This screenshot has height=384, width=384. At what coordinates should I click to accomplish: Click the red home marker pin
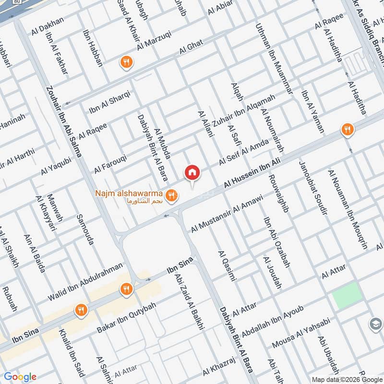tap(192, 172)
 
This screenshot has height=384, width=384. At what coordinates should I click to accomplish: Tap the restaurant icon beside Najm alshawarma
tap(170, 195)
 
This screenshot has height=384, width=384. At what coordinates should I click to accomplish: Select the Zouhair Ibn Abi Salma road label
tap(64, 122)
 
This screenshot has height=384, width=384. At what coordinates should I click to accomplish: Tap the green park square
tap(347, 295)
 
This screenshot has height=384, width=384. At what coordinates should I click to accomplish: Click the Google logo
tap(20, 377)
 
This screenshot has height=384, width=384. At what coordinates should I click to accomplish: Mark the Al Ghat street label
tap(192, 47)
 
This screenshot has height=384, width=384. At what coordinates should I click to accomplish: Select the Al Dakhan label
tap(47, 28)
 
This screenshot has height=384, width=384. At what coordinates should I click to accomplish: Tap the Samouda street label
tap(84, 229)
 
